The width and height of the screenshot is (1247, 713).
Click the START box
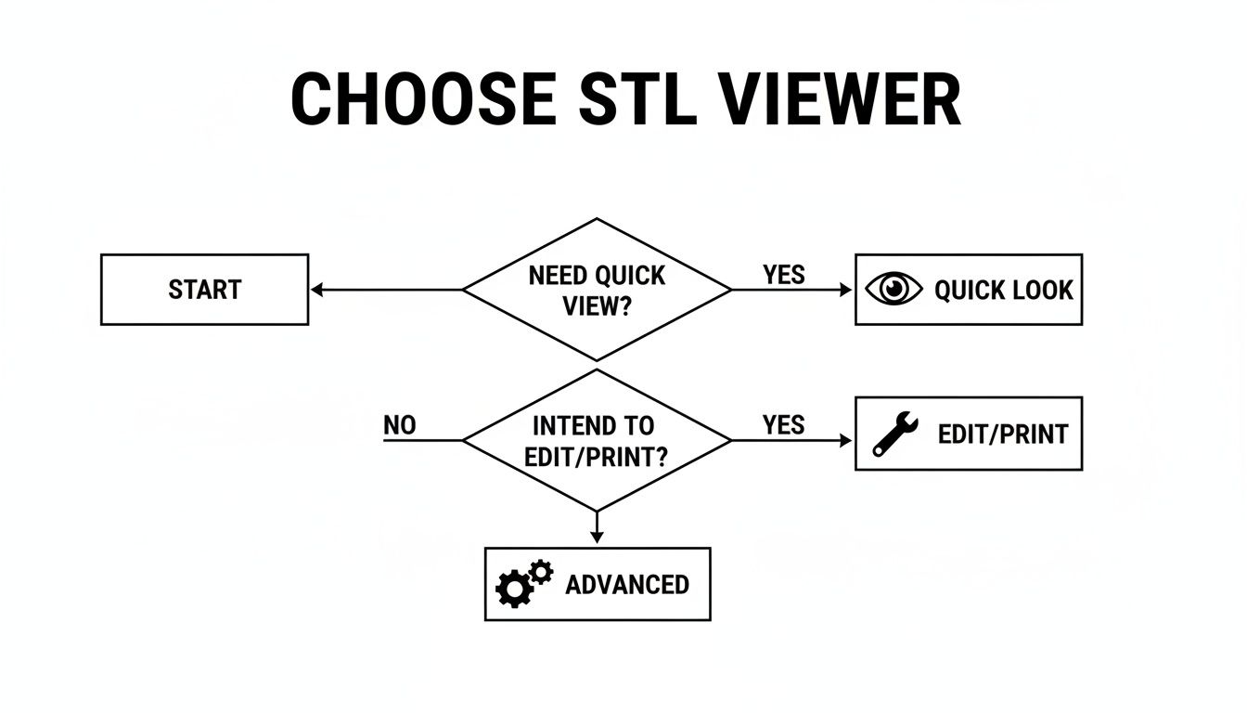click(204, 290)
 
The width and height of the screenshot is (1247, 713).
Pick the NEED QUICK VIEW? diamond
click(597, 290)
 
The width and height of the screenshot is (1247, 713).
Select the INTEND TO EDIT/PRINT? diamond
click(597, 440)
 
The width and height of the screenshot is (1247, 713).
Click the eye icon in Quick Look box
click(893, 290)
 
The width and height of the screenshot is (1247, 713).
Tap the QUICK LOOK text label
click(1003, 291)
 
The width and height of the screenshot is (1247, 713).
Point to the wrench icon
click(895, 434)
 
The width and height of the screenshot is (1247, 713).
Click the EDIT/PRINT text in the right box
click(1002, 434)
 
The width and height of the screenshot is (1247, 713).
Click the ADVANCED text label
click(627, 585)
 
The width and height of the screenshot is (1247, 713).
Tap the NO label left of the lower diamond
click(400, 425)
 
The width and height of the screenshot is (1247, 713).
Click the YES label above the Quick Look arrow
click(784, 275)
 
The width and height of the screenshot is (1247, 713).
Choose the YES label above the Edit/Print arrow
click(784, 425)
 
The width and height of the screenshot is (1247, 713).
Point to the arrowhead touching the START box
click(316, 290)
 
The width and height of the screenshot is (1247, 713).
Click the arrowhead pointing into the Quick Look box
click(845, 290)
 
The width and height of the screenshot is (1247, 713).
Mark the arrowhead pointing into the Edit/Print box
click(845, 440)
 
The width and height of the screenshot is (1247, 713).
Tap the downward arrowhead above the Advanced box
click(597, 538)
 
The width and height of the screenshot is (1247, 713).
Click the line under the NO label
click(422, 440)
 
